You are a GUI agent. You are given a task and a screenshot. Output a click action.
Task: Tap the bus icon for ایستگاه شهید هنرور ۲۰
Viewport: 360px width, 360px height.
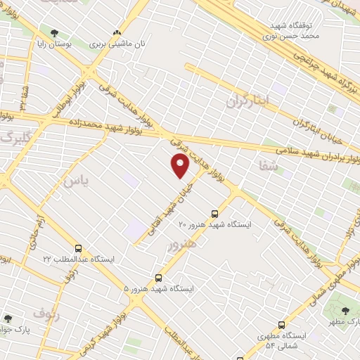pyautogui.click(x=214, y=214)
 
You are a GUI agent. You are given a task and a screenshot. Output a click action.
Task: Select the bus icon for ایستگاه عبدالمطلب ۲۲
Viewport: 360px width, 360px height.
pyautogui.click(x=78, y=248)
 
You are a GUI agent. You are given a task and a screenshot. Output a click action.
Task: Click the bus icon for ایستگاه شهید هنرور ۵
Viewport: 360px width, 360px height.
pyautogui.click(x=158, y=278)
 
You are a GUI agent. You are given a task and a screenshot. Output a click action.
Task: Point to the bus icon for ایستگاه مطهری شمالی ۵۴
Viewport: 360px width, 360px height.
pyautogui.click(x=282, y=325)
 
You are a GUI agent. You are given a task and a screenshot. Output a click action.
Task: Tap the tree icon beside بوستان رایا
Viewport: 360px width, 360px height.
pyautogui.click(x=55, y=32)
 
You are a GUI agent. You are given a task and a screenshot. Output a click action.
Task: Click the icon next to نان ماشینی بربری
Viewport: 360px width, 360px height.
pyautogui.click(x=117, y=32)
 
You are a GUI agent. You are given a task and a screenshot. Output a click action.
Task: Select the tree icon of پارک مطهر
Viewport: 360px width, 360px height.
pyautogui.click(x=345, y=311)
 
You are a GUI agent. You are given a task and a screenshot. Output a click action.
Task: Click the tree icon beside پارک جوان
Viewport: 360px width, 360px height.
pyautogui.click(x=8, y=319)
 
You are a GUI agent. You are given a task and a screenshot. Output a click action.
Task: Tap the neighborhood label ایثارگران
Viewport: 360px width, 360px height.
pyautogui.click(x=247, y=101)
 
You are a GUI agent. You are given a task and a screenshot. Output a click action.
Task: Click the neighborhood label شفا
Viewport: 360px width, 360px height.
pyautogui.click(x=269, y=167)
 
